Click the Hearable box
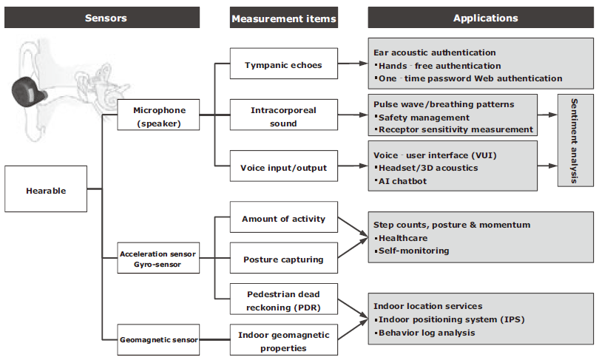46,189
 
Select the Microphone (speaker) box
158,115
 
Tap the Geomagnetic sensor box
158,340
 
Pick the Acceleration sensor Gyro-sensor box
158,258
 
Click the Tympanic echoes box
284,64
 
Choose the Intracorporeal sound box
284,115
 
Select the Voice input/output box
284,166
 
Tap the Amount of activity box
284,217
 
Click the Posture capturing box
284,258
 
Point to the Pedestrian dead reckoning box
284,299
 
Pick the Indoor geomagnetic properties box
284,340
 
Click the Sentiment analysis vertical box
575,140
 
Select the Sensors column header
102,18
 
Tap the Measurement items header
284,18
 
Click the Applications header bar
481,18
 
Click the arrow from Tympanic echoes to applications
353,64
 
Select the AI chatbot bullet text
401,181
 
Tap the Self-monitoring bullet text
412,251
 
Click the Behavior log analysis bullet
424,333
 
